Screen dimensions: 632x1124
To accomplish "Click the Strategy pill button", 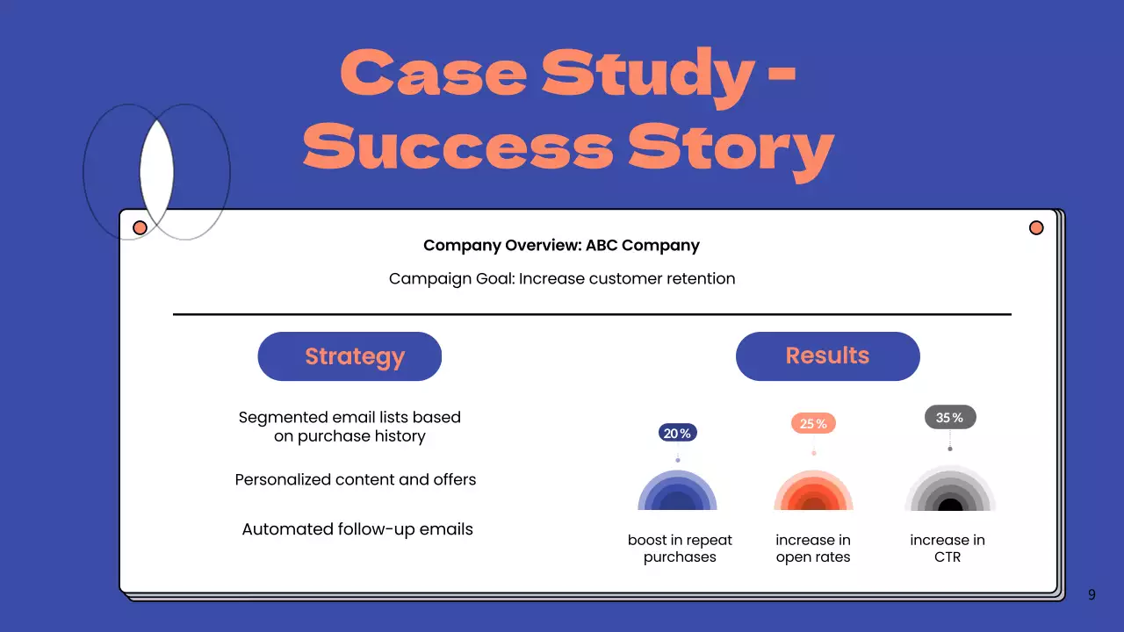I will point(349,356).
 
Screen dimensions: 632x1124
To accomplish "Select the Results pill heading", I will point(827,355).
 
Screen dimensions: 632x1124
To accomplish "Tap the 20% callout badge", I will point(677,433).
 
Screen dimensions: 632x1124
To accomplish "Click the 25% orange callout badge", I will point(813,424).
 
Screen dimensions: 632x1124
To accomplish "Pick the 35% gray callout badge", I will point(949,418).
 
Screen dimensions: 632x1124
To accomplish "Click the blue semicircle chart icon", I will point(677,492).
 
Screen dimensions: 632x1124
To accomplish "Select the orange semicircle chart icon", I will point(813,492).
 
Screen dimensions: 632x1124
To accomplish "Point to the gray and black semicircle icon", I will point(949,492).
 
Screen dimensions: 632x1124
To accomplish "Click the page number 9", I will point(1092,595).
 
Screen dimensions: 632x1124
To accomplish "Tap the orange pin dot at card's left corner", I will point(140,228).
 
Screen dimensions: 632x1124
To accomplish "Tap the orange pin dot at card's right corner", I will point(1036,228).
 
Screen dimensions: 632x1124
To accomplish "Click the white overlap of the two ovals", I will point(156,171).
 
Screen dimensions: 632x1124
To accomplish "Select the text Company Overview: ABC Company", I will point(561,246).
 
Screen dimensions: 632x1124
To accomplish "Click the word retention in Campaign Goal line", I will point(699,279).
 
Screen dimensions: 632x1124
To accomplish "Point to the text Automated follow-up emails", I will point(357,529).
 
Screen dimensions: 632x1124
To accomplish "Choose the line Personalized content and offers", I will point(356,480).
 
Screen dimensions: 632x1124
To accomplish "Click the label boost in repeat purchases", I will point(680,549).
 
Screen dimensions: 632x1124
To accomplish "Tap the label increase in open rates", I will point(813,549).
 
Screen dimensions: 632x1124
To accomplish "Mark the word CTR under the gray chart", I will point(947,557).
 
